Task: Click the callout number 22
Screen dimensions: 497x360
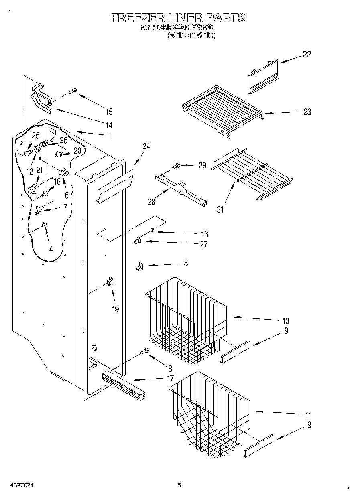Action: (x=307, y=55)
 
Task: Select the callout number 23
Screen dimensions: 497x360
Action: (x=307, y=112)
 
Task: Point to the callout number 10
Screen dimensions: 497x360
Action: (x=285, y=321)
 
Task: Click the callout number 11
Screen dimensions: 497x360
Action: (x=308, y=415)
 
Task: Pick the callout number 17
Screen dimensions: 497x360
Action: (x=170, y=378)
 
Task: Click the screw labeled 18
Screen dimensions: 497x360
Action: (x=144, y=352)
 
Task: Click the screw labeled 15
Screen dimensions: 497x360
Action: (x=73, y=91)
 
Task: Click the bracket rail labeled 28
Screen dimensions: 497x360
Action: (x=181, y=190)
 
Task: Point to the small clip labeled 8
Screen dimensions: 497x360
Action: (x=139, y=266)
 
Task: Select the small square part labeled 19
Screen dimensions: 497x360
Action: (x=110, y=282)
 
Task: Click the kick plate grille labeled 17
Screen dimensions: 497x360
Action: (x=123, y=386)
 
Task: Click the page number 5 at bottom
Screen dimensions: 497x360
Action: (x=179, y=485)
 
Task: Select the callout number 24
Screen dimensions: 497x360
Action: (x=146, y=146)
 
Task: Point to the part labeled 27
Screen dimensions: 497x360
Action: (x=137, y=241)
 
